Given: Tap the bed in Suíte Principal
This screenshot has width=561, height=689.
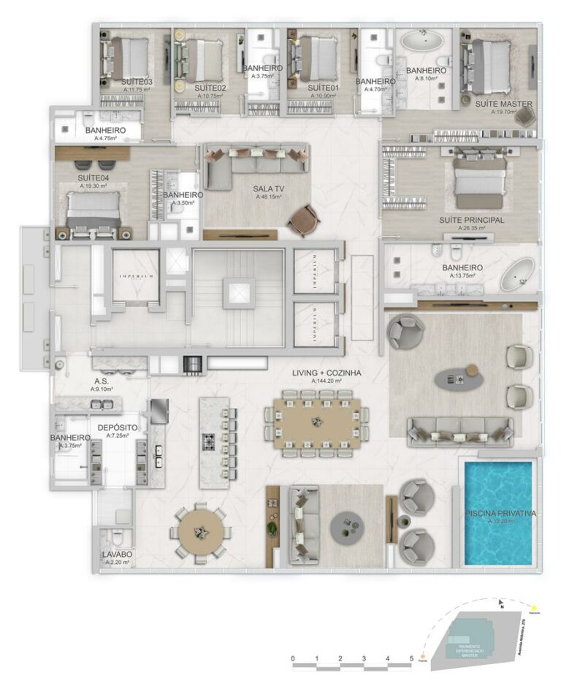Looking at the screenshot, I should point(479,180).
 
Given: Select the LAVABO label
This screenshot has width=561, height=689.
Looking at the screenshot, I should point(118,555).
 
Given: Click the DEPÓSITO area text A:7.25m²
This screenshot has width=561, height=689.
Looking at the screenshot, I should point(118,435).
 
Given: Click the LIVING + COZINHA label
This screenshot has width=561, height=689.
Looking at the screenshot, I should point(327,373).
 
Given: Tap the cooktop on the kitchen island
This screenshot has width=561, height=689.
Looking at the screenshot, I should point(210,442).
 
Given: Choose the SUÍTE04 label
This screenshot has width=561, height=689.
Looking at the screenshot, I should point(92,178).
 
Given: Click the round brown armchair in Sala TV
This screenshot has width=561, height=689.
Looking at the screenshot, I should point(303,220).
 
